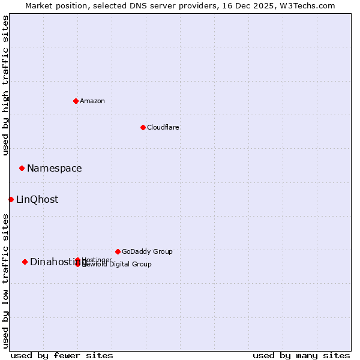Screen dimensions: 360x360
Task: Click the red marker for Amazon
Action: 76,101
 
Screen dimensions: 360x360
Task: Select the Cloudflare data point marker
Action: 143,127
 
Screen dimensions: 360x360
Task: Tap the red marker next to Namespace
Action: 22,168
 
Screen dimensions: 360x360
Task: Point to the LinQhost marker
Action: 11,199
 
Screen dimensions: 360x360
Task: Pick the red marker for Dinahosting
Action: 25,262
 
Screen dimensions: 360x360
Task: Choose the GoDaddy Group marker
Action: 118,251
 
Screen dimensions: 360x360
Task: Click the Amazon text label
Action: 92,101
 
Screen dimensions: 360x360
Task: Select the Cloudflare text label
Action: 163,127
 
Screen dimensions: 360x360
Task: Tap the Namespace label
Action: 54,169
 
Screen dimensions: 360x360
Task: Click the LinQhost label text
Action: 37,200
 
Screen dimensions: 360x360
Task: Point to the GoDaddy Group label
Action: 147,251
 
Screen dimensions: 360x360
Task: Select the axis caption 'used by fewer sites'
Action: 62,355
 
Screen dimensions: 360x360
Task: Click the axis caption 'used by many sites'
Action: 301,355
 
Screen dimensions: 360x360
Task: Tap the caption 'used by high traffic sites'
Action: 5,85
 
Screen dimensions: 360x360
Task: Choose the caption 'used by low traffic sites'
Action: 5,281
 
